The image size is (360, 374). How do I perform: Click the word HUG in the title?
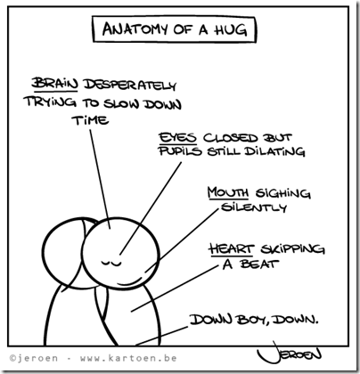[x=231, y=29]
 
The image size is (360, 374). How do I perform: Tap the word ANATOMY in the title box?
[x=135, y=28]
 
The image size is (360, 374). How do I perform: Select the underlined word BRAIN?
[x=54, y=83]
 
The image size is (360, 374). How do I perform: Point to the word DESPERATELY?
[x=130, y=85]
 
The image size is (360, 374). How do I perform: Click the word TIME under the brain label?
[x=90, y=120]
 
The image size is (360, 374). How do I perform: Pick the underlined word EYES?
[x=177, y=138]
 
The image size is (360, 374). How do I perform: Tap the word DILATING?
[x=274, y=151]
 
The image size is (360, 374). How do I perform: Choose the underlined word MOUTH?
[x=228, y=192]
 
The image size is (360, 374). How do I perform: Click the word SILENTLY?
[x=254, y=207]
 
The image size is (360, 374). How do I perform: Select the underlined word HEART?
[x=231, y=248]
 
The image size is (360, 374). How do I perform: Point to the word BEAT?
[x=259, y=264]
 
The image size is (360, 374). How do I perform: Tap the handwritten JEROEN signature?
[x=289, y=353]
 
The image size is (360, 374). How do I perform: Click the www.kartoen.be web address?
[x=128, y=358]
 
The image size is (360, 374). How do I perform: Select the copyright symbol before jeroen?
[x=12, y=358]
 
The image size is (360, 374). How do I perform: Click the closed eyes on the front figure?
[x=110, y=263]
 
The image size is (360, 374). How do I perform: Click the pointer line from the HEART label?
[x=175, y=289]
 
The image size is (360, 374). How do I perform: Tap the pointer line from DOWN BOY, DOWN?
[x=162, y=336]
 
